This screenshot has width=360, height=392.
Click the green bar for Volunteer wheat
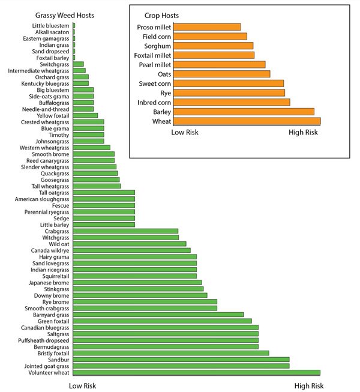[196, 373]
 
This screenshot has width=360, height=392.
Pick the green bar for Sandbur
[181, 360]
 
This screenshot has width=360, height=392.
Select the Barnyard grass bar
[158, 315]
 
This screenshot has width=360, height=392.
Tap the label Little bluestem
[51, 26]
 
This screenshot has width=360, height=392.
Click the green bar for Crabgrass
[125, 231]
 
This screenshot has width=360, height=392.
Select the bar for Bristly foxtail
[170, 353]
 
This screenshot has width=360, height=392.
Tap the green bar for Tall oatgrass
[104, 193]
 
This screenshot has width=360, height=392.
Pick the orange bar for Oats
[221, 74]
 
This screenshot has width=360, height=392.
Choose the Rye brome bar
[145, 301]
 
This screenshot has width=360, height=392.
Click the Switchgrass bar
[78, 64]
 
